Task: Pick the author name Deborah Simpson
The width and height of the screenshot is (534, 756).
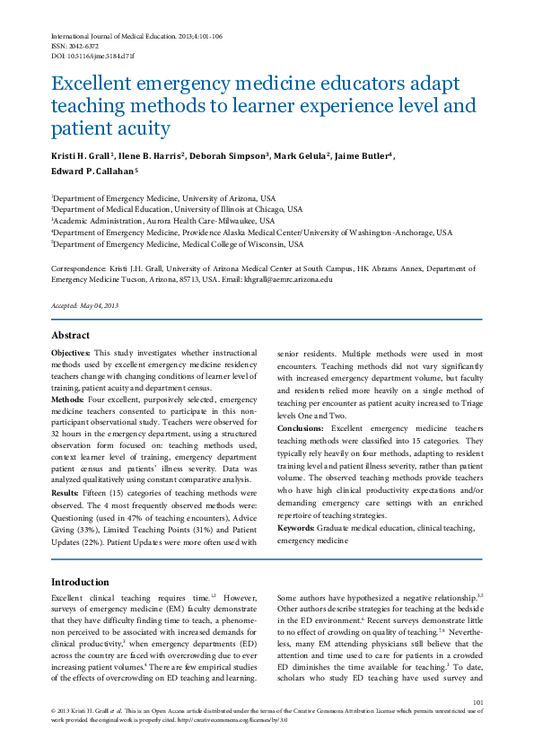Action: [x=229, y=155]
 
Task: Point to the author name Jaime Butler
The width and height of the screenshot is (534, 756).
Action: [x=363, y=155]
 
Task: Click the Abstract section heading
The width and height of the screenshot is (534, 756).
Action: [x=70, y=336]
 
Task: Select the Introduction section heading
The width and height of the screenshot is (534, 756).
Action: [x=81, y=582]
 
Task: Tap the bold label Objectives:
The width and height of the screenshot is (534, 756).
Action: [x=70, y=354]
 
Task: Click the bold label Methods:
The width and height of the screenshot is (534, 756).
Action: [x=67, y=398]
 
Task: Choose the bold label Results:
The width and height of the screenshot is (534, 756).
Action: [x=66, y=492]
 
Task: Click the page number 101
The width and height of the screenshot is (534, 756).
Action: [x=477, y=702]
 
